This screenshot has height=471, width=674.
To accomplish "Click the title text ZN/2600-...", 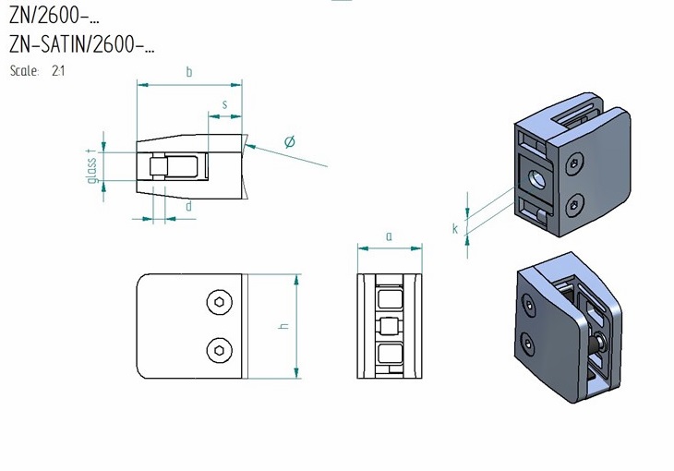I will [x=54, y=18].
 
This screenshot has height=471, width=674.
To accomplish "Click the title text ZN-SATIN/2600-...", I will [x=81, y=44].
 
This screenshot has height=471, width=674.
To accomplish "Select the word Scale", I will [x=24, y=70].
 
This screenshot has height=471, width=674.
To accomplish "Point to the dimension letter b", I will [x=189, y=72].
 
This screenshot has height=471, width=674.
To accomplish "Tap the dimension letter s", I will [x=225, y=104].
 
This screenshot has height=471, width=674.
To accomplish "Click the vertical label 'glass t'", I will [x=92, y=166].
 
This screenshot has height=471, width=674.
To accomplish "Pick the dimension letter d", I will [x=188, y=207].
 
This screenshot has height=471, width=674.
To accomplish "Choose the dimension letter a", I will [x=389, y=236].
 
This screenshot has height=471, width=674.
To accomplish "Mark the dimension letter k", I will [x=455, y=228].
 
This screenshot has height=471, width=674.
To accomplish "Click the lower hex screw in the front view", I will [x=218, y=348].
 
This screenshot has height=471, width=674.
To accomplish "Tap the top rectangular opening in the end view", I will [x=389, y=298].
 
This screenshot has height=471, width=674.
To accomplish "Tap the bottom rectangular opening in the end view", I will [x=389, y=353].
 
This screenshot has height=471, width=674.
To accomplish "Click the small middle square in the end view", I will [x=389, y=326].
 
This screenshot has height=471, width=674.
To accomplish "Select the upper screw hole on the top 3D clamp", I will [x=576, y=163].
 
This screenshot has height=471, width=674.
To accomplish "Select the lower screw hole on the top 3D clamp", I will [x=576, y=203].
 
